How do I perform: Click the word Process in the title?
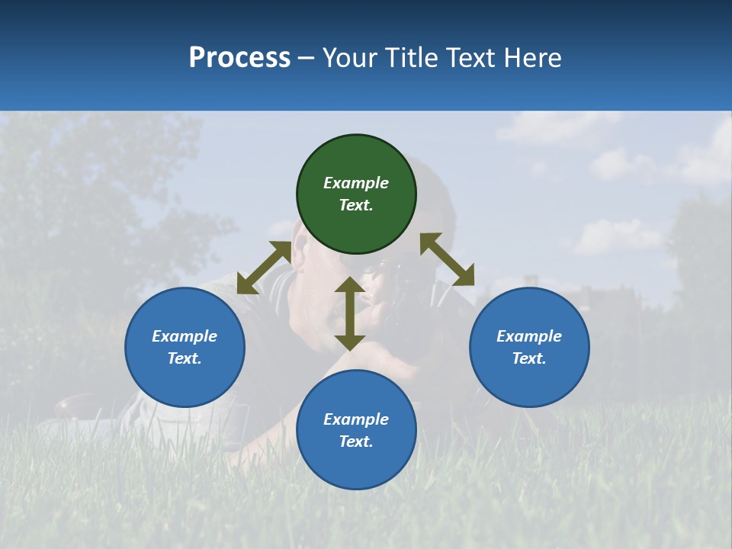tap(239, 58)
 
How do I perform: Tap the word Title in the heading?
tap(413, 58)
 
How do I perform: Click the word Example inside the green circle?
tap(356, 183)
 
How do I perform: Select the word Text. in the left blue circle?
tap(185, 358)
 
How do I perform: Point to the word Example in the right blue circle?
tap(529, 336)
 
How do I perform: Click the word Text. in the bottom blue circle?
tap(356, 441)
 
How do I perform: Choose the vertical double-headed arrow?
tap(350, 313)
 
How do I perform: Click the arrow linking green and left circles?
tap(264, 268)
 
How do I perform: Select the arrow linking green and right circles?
tap(447, 259)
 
